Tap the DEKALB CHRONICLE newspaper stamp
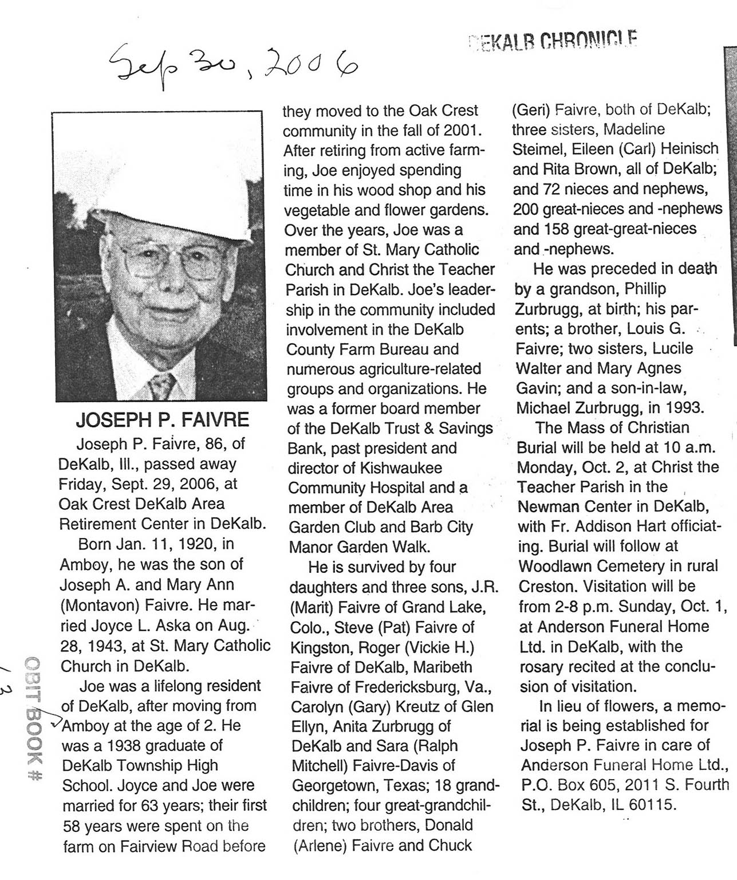553,40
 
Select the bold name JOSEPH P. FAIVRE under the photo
163,421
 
